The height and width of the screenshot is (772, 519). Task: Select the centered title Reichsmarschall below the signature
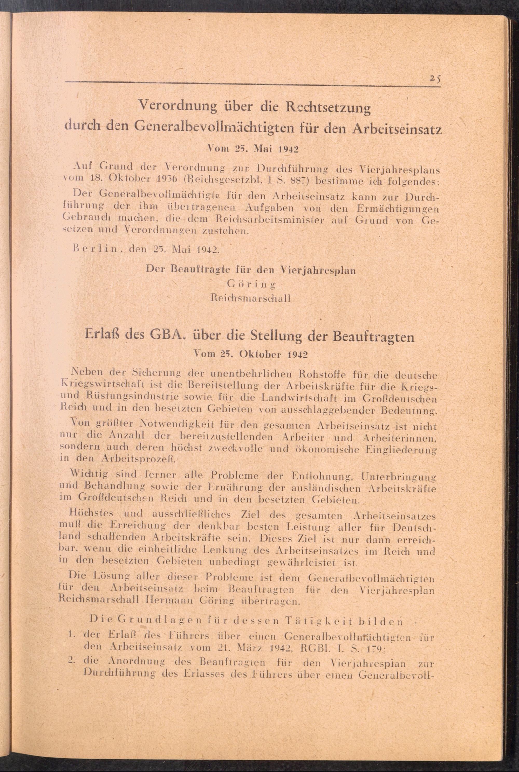point(251,298)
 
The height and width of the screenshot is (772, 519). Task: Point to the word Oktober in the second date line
point(256,355)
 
